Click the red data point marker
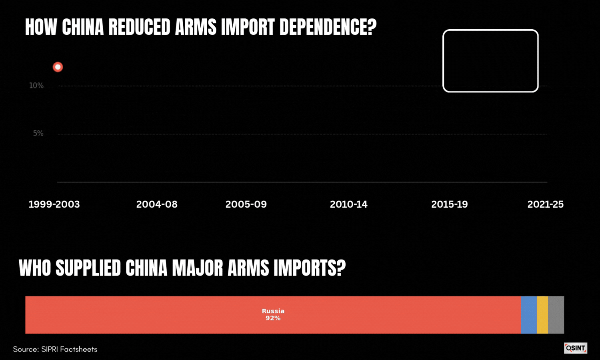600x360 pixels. coord(58,67)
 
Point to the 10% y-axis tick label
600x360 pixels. coord(36,86)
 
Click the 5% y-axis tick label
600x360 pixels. coord(38,133)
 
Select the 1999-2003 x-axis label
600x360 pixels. coord(54,204)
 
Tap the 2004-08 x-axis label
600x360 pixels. coord(157,204)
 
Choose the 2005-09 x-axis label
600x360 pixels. coord(246,204)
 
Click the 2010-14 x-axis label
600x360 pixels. coord(348,204)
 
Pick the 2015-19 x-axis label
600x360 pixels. coord(450,204)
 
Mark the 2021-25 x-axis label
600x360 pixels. coord(545,204)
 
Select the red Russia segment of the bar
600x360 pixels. coord(273,315)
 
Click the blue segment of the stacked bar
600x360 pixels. coord(529,315)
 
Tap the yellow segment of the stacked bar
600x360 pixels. coord(542,315)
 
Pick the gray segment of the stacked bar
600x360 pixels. coord(556,315)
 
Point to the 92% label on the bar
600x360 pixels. coord(273,318)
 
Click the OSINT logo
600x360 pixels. coord(576,348)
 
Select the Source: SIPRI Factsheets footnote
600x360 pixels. coord(55,349)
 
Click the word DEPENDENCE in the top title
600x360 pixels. coord(328,27)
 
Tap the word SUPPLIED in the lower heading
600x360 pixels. coord(88,268)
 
